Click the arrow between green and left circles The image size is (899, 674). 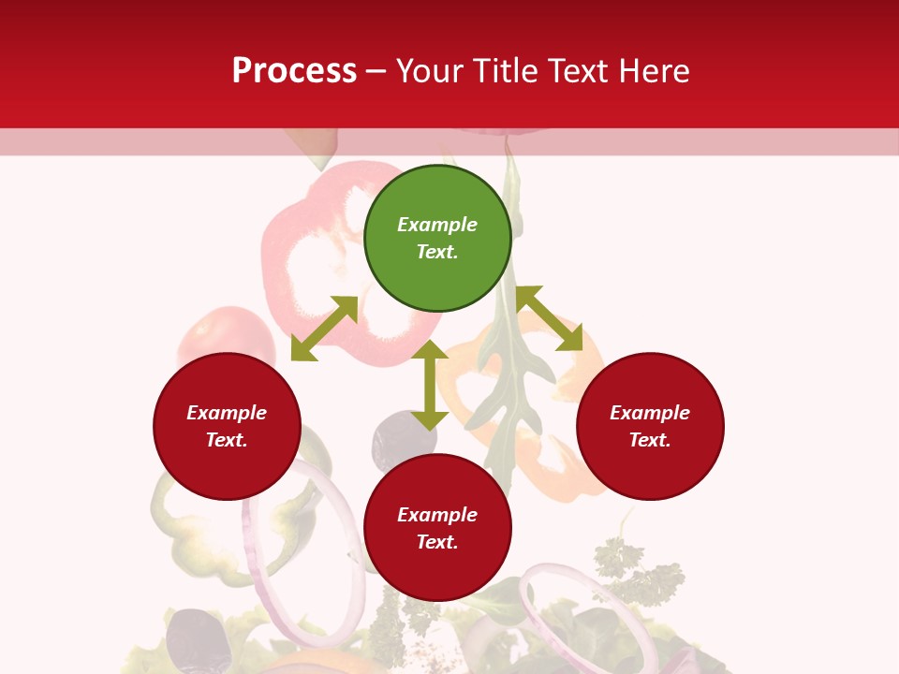(324, 329)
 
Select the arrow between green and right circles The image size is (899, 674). (550, 318)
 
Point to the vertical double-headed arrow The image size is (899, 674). (430, 385)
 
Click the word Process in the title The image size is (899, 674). (294, 71)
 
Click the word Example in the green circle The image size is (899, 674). (437, 225)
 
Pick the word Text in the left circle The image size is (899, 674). (227, 440)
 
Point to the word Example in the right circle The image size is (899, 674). (650, 413)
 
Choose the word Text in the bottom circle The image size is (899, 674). (437, 542)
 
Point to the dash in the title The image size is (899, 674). (376, 71)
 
